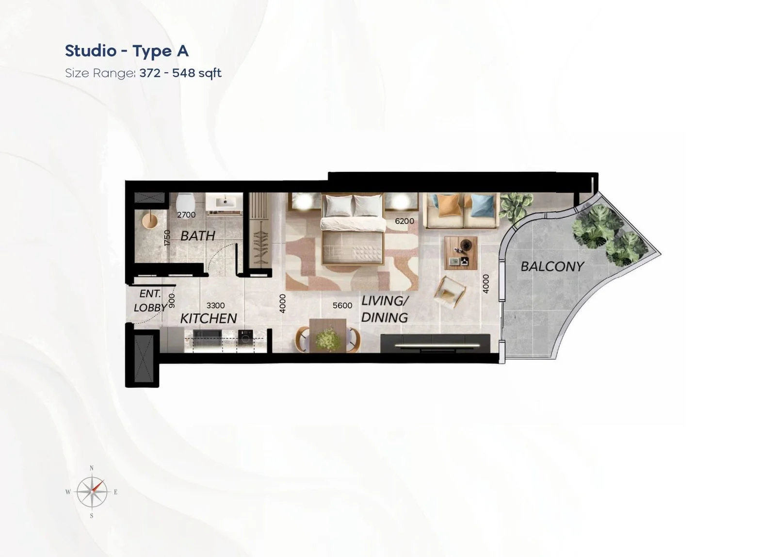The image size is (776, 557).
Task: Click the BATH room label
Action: tap(198, 236)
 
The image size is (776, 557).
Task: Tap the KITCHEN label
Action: tap(209, 319)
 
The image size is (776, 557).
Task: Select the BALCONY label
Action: tap(552, 266)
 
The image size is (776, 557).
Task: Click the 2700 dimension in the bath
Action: tap(186, 215)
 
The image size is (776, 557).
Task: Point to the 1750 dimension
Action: tap(167, 238)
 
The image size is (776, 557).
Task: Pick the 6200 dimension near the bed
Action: tap(404, 221)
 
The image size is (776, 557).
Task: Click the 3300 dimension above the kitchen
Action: tap(215, 305)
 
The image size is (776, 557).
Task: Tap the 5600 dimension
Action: tap(342, 305)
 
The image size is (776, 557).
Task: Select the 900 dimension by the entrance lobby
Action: tap(172, 300)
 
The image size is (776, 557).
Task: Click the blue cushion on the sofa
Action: tap(483, 205)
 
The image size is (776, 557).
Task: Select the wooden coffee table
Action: tap(461, 253)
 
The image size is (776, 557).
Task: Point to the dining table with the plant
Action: tap(328, 336)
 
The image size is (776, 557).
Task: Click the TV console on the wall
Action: tap(435, 343)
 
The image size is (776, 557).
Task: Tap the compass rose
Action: tap(92, 492)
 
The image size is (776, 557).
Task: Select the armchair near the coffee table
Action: tap(450, 292)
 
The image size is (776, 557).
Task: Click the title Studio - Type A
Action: tap(127, 51)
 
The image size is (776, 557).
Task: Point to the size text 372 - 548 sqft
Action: tap(180, 73)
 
